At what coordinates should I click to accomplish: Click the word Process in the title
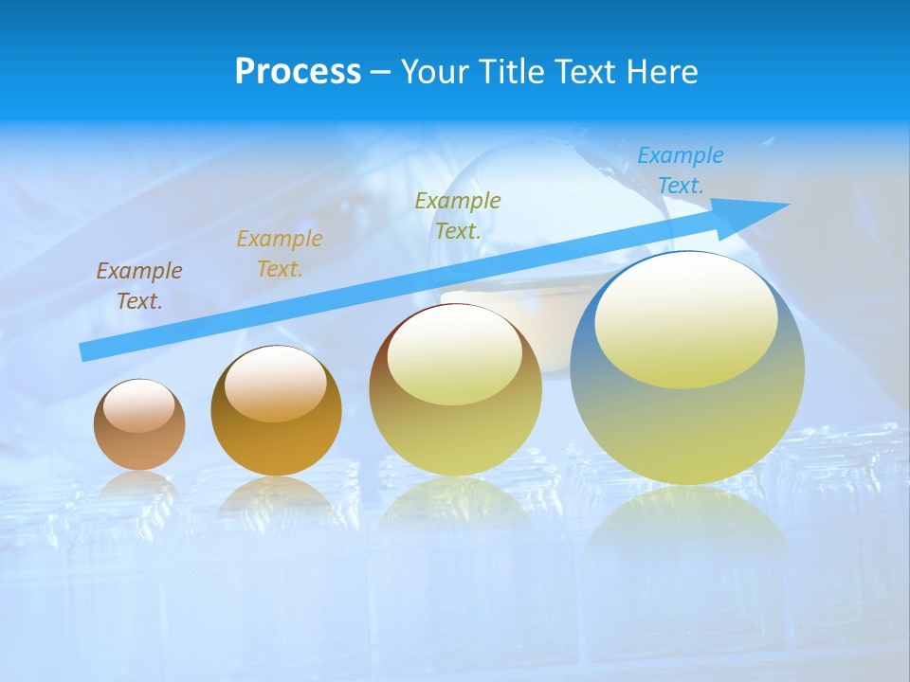(x=298, y=72)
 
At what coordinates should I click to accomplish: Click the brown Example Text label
(x=139, y=286)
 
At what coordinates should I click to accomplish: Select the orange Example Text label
(x=280, y=254)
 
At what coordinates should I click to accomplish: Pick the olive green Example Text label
(x=458, y=215)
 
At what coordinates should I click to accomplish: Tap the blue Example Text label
(x=681, y=170)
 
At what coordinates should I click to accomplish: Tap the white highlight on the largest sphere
(x=685, y=317)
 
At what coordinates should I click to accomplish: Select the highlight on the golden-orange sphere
(x=276, y=384)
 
